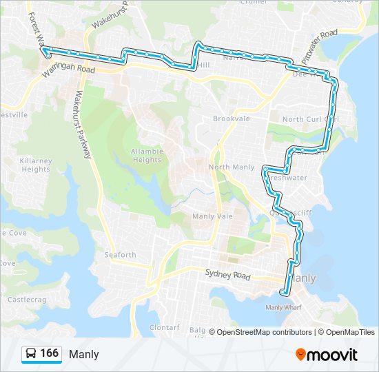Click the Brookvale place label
[231, 119]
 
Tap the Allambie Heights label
[146, 155]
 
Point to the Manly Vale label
[212, 216]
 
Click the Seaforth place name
[120, 254]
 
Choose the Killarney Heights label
[37, 165]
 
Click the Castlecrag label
[25, 299]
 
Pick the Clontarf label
[164, 328]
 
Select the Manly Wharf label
[284, 307]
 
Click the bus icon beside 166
[31, 354]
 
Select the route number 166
[49, 353]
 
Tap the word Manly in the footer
[83, 354]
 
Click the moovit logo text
[333, 355]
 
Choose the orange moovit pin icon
[301, 355]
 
